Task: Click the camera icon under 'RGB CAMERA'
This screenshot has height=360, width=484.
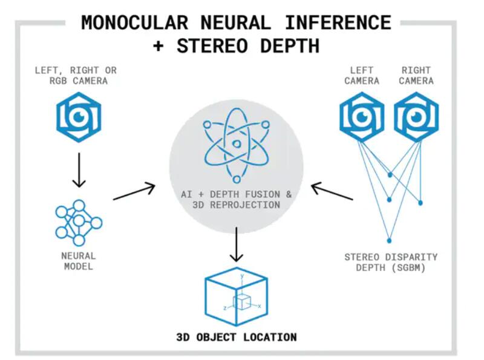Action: click(78, 117)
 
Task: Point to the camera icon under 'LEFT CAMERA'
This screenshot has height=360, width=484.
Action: click(362, 117)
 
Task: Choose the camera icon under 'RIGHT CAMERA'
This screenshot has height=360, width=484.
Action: click(416, 117)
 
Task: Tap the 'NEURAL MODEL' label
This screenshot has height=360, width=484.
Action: click(78, 261)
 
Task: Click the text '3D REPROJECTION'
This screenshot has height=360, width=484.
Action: click(236, 205)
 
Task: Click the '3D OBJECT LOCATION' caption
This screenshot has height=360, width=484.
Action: click(236, 337)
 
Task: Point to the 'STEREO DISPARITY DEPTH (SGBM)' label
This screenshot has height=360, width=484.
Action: click(390, 261)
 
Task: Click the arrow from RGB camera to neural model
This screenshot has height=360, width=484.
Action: click(78, 171)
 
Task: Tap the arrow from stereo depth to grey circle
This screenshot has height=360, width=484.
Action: click(332, 192)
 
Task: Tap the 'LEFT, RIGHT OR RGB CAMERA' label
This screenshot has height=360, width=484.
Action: click(78, 76)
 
